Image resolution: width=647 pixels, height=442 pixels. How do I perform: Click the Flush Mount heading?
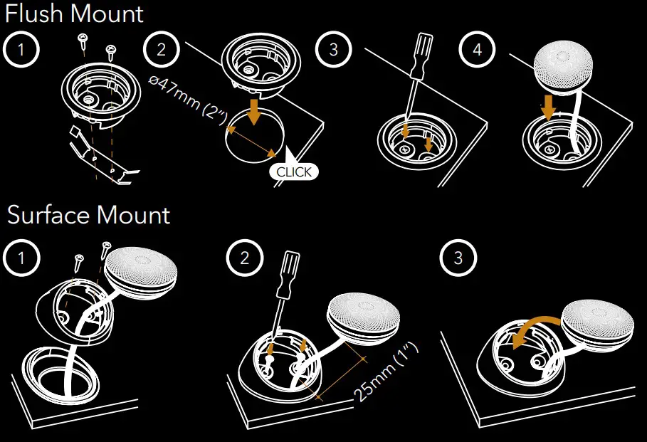[74, 14]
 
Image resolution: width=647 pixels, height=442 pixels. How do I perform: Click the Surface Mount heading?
[89, 215]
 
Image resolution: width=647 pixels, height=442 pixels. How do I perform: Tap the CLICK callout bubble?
[294, 172]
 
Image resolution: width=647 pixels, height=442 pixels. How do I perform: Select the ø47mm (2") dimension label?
[188, 99]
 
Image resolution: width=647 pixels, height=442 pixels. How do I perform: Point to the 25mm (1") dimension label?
[386, 372]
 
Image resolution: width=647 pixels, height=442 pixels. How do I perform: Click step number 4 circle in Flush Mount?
[477, 50]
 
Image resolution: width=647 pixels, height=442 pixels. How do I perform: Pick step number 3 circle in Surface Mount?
[458, 258]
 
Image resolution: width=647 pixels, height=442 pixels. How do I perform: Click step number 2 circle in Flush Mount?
[162, 50]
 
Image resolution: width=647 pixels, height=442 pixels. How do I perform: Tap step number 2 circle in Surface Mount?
[245, 258]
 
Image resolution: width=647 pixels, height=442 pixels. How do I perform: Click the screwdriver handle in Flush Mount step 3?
[421, 56]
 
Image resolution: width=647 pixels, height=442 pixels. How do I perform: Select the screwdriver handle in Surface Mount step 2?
[288, 275]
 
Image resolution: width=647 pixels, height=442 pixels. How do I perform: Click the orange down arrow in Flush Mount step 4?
[549, 107]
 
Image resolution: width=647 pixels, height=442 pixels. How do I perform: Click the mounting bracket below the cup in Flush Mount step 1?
[103, 157]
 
